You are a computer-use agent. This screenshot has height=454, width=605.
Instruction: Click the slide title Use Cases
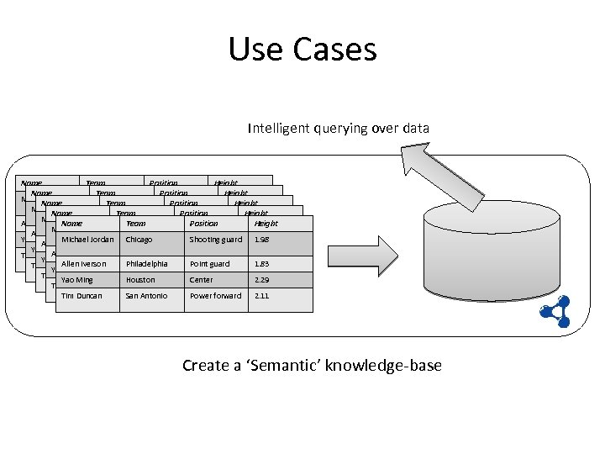[x=302, y=49]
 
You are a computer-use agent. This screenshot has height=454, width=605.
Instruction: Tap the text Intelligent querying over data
[x=338, y=129]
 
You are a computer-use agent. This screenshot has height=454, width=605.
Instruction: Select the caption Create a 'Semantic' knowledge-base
[x=312, y=365]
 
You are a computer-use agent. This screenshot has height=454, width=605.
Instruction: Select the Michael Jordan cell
[x=87, y=240]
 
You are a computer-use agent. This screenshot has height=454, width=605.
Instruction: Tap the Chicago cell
[x=139, y=240]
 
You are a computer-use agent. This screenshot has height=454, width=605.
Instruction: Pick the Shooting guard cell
[x=215, y=240]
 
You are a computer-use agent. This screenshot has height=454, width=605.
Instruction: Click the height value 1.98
[x=260, y=240]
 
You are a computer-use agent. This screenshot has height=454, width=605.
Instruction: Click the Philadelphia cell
[x=147, y=264]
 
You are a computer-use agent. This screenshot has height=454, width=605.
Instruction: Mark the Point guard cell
[x=209, y=264]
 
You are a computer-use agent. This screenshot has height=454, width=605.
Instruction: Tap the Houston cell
[x=141, y=280]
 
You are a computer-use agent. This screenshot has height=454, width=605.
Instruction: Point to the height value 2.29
[x=261, y=280]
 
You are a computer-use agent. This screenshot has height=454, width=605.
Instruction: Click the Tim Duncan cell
[x=81, y=296]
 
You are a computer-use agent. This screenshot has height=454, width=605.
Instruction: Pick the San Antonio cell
[x=146, y=296]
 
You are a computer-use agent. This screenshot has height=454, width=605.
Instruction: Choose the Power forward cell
[x=215, y=296]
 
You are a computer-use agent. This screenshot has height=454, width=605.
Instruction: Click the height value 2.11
[x=260, y=296]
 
